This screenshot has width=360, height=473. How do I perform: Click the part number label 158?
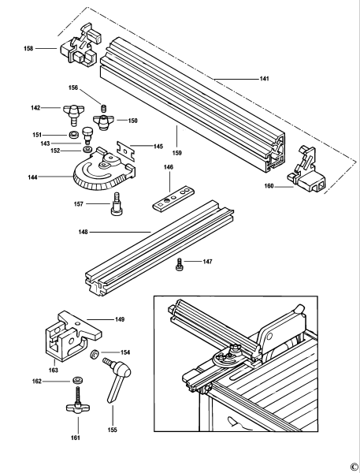[x=28, y=49]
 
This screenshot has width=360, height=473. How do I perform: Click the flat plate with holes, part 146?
[x=173, y=198]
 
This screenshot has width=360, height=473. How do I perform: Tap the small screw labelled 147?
[x=180, y=263]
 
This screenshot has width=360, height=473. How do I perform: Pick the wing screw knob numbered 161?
[x=77, y=408]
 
